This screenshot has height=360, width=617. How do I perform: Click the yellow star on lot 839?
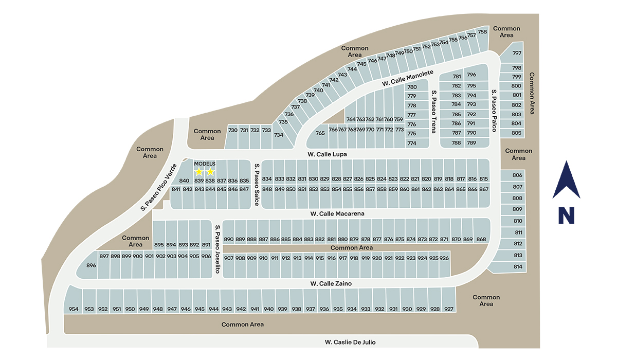pos(199,172)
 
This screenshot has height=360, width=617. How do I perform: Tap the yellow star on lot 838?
pos(210,172)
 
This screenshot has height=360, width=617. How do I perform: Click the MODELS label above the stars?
pos(205,164)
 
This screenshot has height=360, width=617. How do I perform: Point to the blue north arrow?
pos(566,180)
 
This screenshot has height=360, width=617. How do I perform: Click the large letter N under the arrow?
pos(566,215)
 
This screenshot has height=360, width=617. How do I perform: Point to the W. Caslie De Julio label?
pos(354,342)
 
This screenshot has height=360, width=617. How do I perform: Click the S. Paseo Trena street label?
pos(434,111)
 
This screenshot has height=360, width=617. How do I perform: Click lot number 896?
pos(91,266)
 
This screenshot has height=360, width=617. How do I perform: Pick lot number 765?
pos(320,133)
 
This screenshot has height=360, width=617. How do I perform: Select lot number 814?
pos(517,267)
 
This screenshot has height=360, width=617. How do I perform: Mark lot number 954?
pos(74,309)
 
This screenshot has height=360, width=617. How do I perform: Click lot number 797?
pos(517,53)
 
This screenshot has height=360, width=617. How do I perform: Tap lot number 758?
pos(482,32)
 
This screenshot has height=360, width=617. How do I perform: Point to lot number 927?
pos(449,309)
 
